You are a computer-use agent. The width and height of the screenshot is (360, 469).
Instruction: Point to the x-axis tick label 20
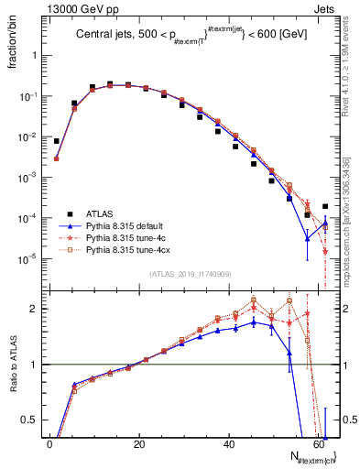138,444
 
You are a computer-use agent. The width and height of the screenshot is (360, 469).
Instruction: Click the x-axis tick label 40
227,444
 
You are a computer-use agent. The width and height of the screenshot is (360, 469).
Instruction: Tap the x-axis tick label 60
317,444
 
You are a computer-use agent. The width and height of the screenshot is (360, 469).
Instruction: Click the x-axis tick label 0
49,444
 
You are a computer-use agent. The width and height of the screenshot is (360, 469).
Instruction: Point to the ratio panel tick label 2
34,309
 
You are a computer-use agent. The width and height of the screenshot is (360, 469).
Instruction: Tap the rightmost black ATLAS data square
325,206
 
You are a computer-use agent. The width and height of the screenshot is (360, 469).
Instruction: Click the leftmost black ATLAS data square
57,141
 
